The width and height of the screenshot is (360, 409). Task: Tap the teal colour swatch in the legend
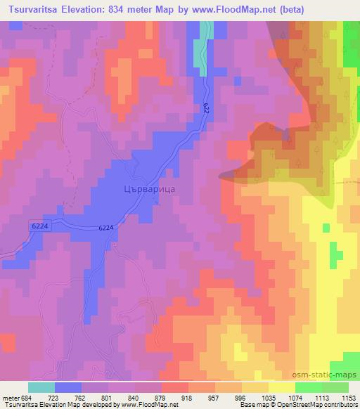coord(41,387)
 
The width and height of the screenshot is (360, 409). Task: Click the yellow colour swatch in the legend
coord(281,387)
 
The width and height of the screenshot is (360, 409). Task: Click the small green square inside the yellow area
coord(326,228)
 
